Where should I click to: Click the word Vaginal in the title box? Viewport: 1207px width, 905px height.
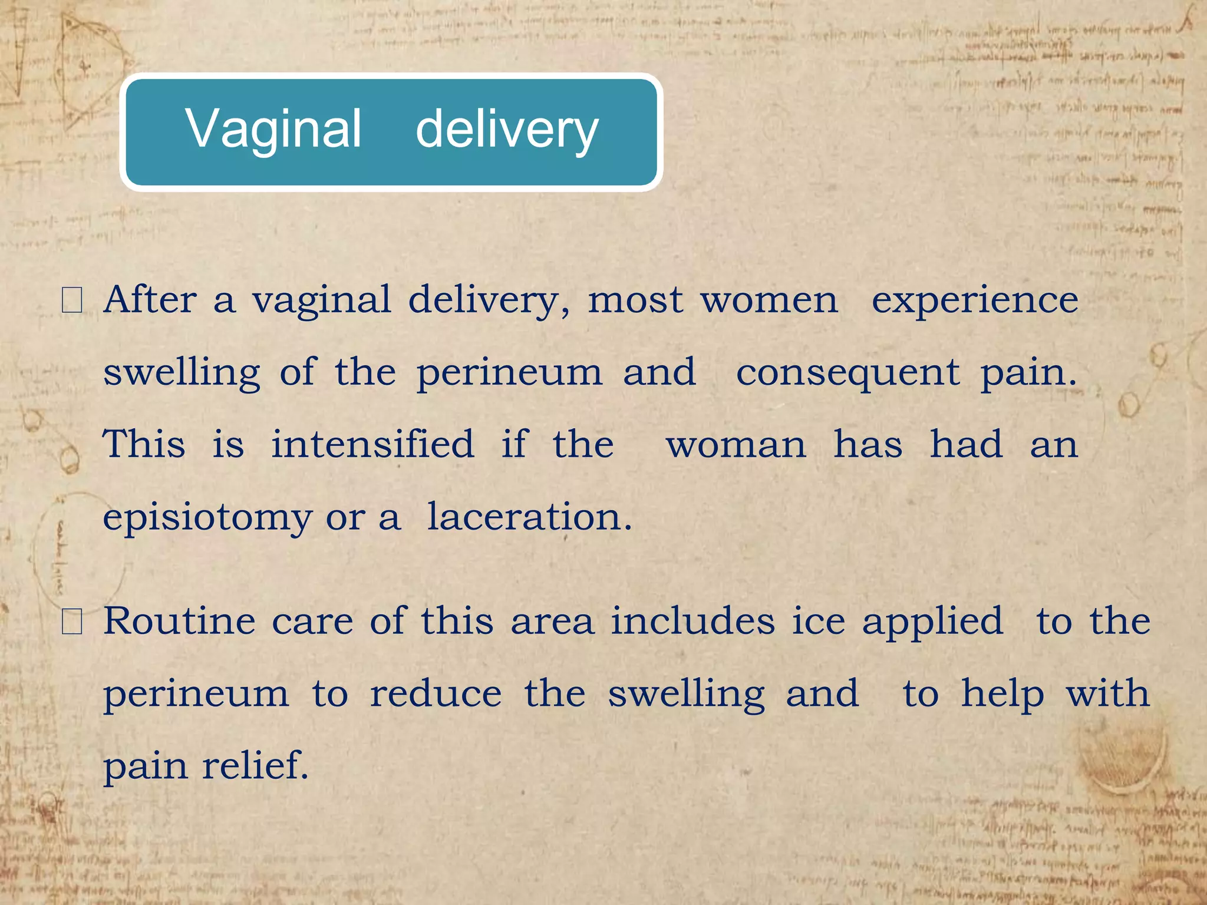(x=273, y=130)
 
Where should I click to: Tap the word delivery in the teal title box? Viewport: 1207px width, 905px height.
(x=507, y=130)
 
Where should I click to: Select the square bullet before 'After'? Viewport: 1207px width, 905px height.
(x=72, y=300)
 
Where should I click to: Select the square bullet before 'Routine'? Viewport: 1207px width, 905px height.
(x=72, y=622)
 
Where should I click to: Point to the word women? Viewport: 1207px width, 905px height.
(x=769, y=300)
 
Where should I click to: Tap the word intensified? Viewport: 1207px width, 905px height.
(x=372, y=444)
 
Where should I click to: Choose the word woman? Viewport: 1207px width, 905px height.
(x=736, y=445)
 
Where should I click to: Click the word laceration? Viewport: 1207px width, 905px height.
(x=529, y=517)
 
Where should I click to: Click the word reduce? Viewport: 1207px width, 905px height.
(x=436, y=694)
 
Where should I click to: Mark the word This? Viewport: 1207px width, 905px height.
(x=144, y=444)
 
